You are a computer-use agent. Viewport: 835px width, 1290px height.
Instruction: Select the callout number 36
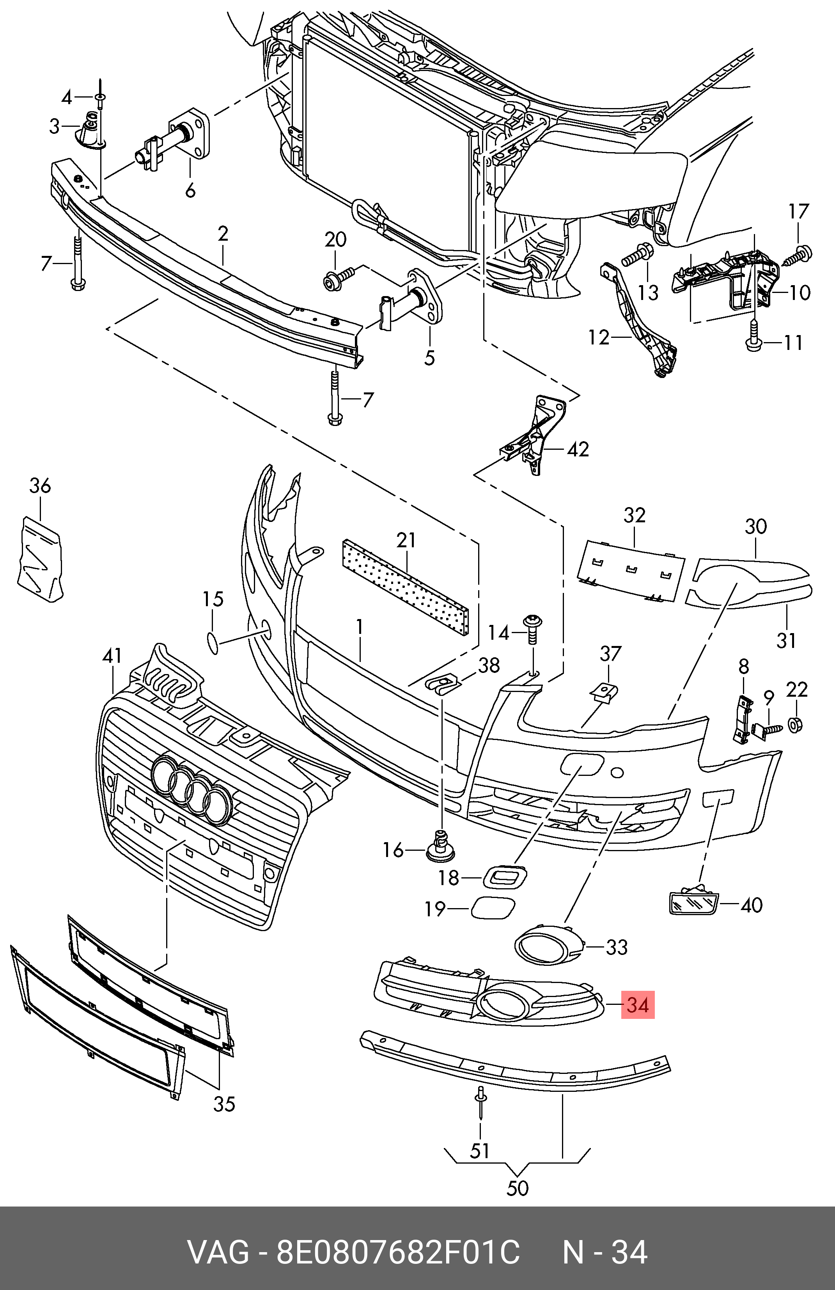40,485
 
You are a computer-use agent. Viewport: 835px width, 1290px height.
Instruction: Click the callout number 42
578,449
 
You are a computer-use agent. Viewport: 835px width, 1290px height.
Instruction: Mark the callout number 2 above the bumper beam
223,234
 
